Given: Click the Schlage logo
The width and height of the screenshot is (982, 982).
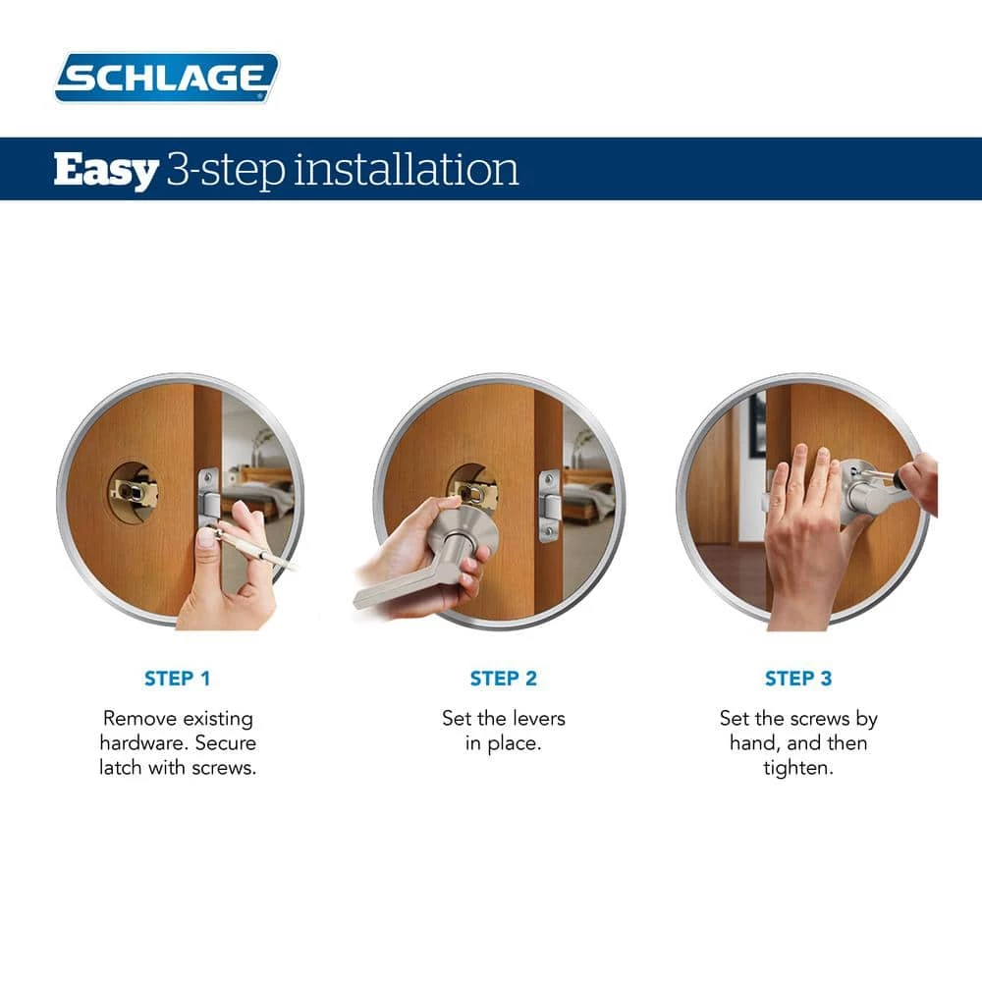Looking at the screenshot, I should [x=167, y=78].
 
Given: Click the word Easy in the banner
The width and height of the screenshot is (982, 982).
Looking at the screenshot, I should [x=105, y=170].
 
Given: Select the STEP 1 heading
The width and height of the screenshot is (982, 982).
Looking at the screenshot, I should [x=178, y=679].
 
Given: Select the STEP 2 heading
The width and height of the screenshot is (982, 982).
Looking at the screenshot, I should [x=503, y=679].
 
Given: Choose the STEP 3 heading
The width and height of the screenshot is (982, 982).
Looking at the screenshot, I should [x=797, y=679].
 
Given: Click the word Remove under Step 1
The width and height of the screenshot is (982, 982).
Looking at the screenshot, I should [x=139, y=718].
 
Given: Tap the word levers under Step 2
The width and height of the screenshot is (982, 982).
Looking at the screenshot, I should [x=534, y=718].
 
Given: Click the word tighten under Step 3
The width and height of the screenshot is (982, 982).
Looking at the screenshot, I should [x=797, y=767].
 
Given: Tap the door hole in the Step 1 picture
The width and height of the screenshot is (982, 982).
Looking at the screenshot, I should [x=133, y=491].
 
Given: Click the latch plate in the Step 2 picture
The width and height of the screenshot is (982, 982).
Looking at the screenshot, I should [x=549, y=507].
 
